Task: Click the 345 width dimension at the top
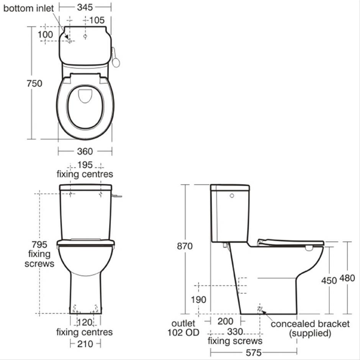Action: pyautogui.click(x=85, y=7)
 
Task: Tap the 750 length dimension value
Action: pyautogui.click(x=34, y=83)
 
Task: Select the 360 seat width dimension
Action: pyautogui.click(x=85, y=152)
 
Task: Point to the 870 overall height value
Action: pyautogui.click(x=185, y=246)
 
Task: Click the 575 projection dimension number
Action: pyautogui.click(x=254, y=353)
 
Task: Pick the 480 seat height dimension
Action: pyautogui.click(x=347, y=278)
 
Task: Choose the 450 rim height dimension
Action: pyautogui.click(x=329, y=280)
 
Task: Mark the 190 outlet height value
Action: pyautogui.click(x=199, y=299)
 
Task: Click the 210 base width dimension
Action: pyautogui.click(x=85, y=344)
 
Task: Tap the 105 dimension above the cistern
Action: pyautogui.click(x=97, y=20)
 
